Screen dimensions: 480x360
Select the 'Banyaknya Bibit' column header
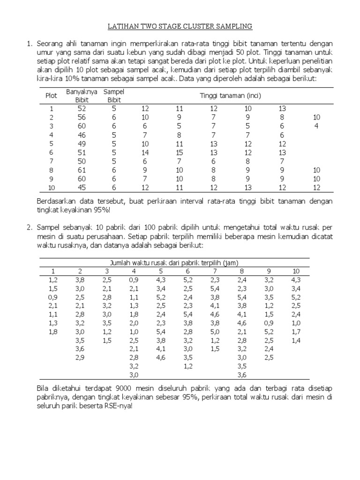point(82,96)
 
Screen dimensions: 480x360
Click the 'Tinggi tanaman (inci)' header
point(230,96)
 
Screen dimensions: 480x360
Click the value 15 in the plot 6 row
point(179,152)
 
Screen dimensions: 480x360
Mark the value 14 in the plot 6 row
point(145,152)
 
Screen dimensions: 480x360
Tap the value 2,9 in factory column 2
point(81,358)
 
